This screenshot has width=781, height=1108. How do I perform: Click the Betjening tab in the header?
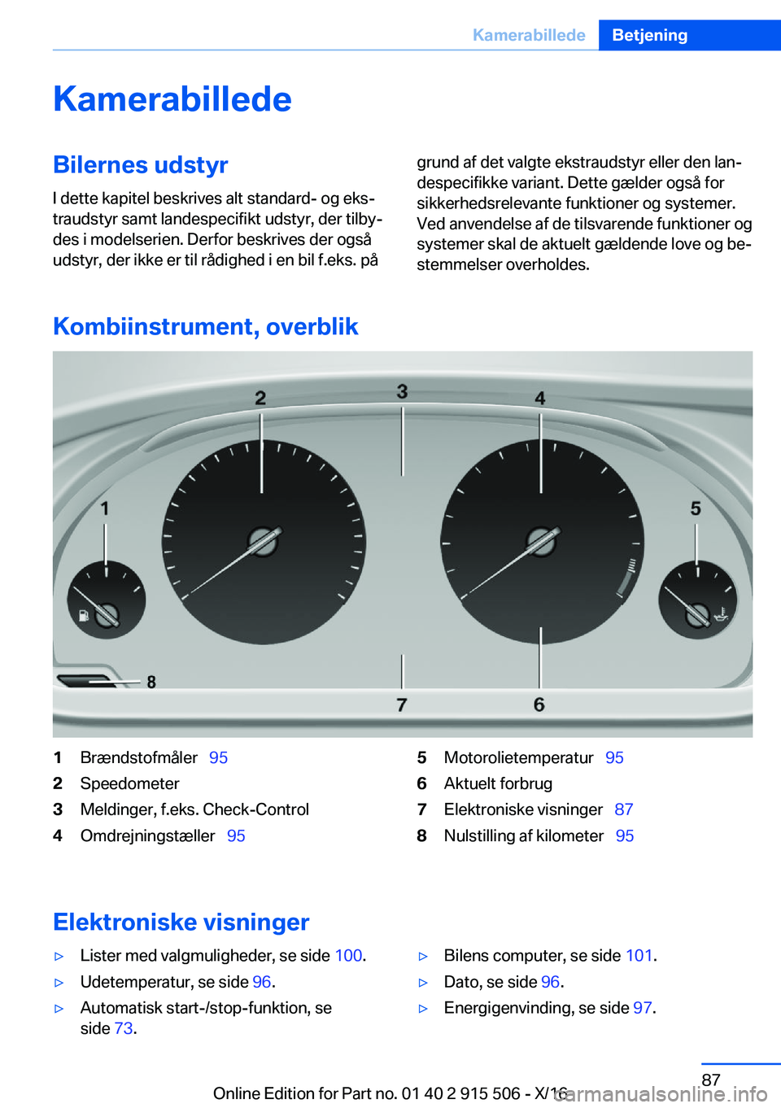click(649, 35)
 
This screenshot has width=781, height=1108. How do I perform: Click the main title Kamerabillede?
click(172, 99)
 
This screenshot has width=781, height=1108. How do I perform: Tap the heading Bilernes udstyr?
click(140, 165)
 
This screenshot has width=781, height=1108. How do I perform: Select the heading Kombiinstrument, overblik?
click(205, 326)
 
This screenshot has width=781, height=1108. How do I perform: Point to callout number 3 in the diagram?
click(402, 391)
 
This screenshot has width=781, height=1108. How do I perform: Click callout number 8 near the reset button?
click(151, 682)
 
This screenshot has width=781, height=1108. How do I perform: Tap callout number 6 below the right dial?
click(539, 704)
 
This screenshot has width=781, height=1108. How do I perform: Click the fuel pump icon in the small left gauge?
click(83, 616)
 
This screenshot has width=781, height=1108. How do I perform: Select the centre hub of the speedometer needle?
click(263, 541)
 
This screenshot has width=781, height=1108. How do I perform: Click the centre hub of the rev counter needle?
click(541, 541)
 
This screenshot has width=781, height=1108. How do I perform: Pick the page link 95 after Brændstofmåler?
click(218, 757)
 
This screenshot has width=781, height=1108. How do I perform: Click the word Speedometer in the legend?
click(129, 783)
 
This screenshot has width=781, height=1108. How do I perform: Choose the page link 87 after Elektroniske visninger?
click(624, 809)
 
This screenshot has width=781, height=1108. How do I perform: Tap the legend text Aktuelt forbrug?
click(498, 783)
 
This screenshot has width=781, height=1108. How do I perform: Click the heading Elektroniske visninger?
click(181, 922)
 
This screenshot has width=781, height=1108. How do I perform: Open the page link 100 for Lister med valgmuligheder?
click(348, 956)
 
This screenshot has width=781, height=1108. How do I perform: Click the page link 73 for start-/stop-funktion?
click(124, 1028)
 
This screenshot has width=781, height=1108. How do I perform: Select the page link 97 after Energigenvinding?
click(643, 1008)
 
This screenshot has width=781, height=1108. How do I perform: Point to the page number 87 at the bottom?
click(711, 1080)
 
